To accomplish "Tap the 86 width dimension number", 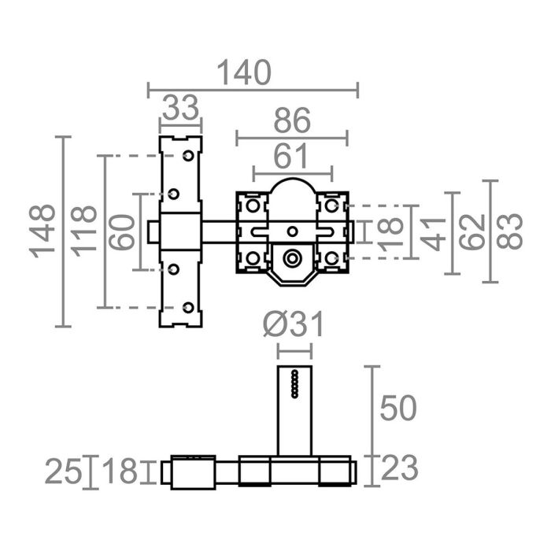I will (x=290, y=122).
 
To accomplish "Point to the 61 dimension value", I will (x=291, y=157).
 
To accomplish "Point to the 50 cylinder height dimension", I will (x=397, y=409).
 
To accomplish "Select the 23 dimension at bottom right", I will (x=398, y=469).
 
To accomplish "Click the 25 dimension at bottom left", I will (x=63, y=472).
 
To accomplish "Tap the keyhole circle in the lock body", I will (x=293, y=257).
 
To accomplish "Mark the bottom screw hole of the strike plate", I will (x=187, y=307).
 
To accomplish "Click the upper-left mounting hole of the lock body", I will (x=253, y=206).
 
